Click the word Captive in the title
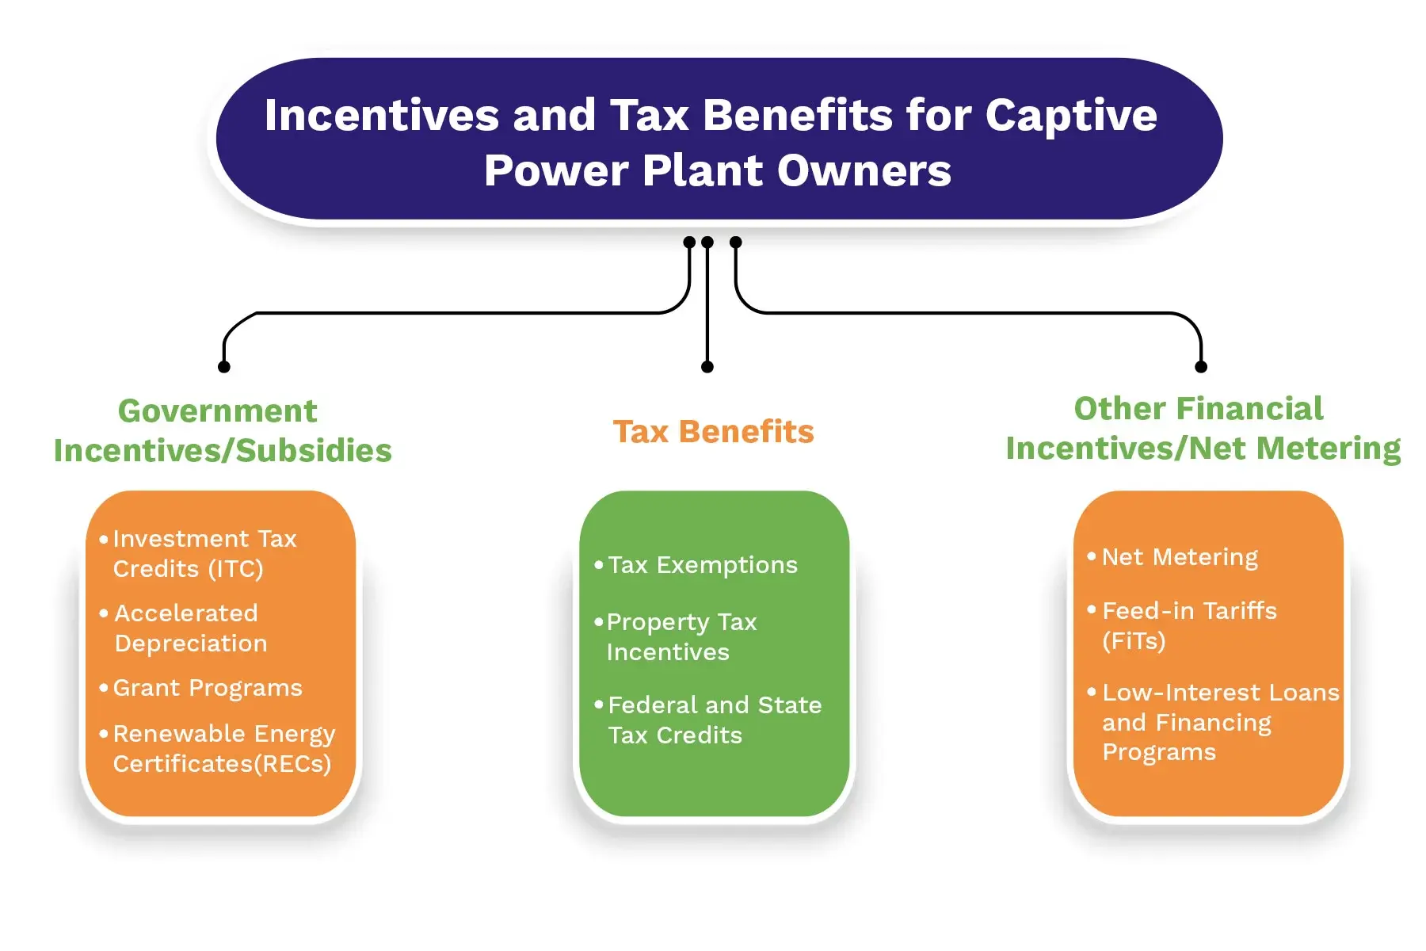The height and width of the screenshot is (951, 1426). pos(1071,116)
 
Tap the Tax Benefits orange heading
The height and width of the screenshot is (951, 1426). pos(714,432)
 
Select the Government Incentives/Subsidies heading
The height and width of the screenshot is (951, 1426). pos(223,430)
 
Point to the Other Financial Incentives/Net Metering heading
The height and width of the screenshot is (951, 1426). pos(1203,429)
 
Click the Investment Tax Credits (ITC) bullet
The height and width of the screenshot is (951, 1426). pos(204,553)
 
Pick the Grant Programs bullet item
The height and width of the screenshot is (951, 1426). pos(200,688)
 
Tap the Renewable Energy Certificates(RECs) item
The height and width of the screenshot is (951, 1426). pos(217,748)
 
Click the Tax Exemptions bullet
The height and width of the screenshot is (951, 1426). pos(696,565)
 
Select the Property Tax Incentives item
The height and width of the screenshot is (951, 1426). pos(676,636)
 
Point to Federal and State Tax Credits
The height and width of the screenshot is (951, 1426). pos(708,720)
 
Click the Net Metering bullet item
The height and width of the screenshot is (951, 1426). pos(1172,557)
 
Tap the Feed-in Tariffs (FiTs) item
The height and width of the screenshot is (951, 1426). pos(1182,625)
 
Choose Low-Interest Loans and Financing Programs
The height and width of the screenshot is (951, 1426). pos(1213,722)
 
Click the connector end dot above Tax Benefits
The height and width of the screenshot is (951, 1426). pos(707,367)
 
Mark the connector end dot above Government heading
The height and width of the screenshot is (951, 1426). pos(224,367)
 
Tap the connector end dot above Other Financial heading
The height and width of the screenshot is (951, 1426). pos(1201,367)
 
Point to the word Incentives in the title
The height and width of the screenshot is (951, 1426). pos(382,115)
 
